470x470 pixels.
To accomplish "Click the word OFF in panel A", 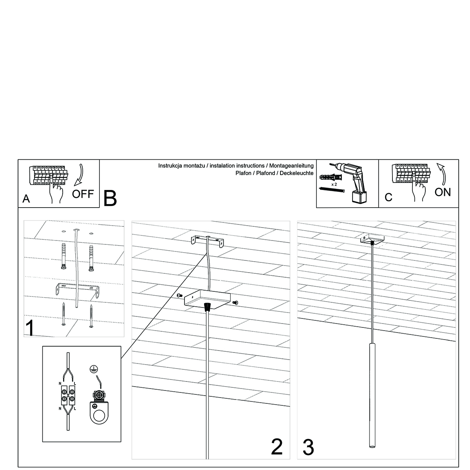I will click(x=83, y=194).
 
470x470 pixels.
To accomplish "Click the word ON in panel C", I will click(x=443, y=192).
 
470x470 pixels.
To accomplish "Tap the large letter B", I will click(x=110, y=198).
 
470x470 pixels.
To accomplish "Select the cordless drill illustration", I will click(x=355, y=182).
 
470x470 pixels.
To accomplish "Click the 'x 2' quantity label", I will click(x=334, y=184).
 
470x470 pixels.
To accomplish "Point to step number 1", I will click(x=29, y=328).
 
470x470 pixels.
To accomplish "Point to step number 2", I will click(x=277, y=446).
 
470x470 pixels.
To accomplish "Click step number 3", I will click(x=308, y=447).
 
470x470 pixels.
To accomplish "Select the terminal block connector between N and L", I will click(x=68, y=394).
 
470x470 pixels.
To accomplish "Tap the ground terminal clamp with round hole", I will click(x=99, y=409).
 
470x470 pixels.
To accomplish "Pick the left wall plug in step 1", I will click(x=63, y=257).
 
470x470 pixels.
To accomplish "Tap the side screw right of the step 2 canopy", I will click(x=235, y=302).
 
